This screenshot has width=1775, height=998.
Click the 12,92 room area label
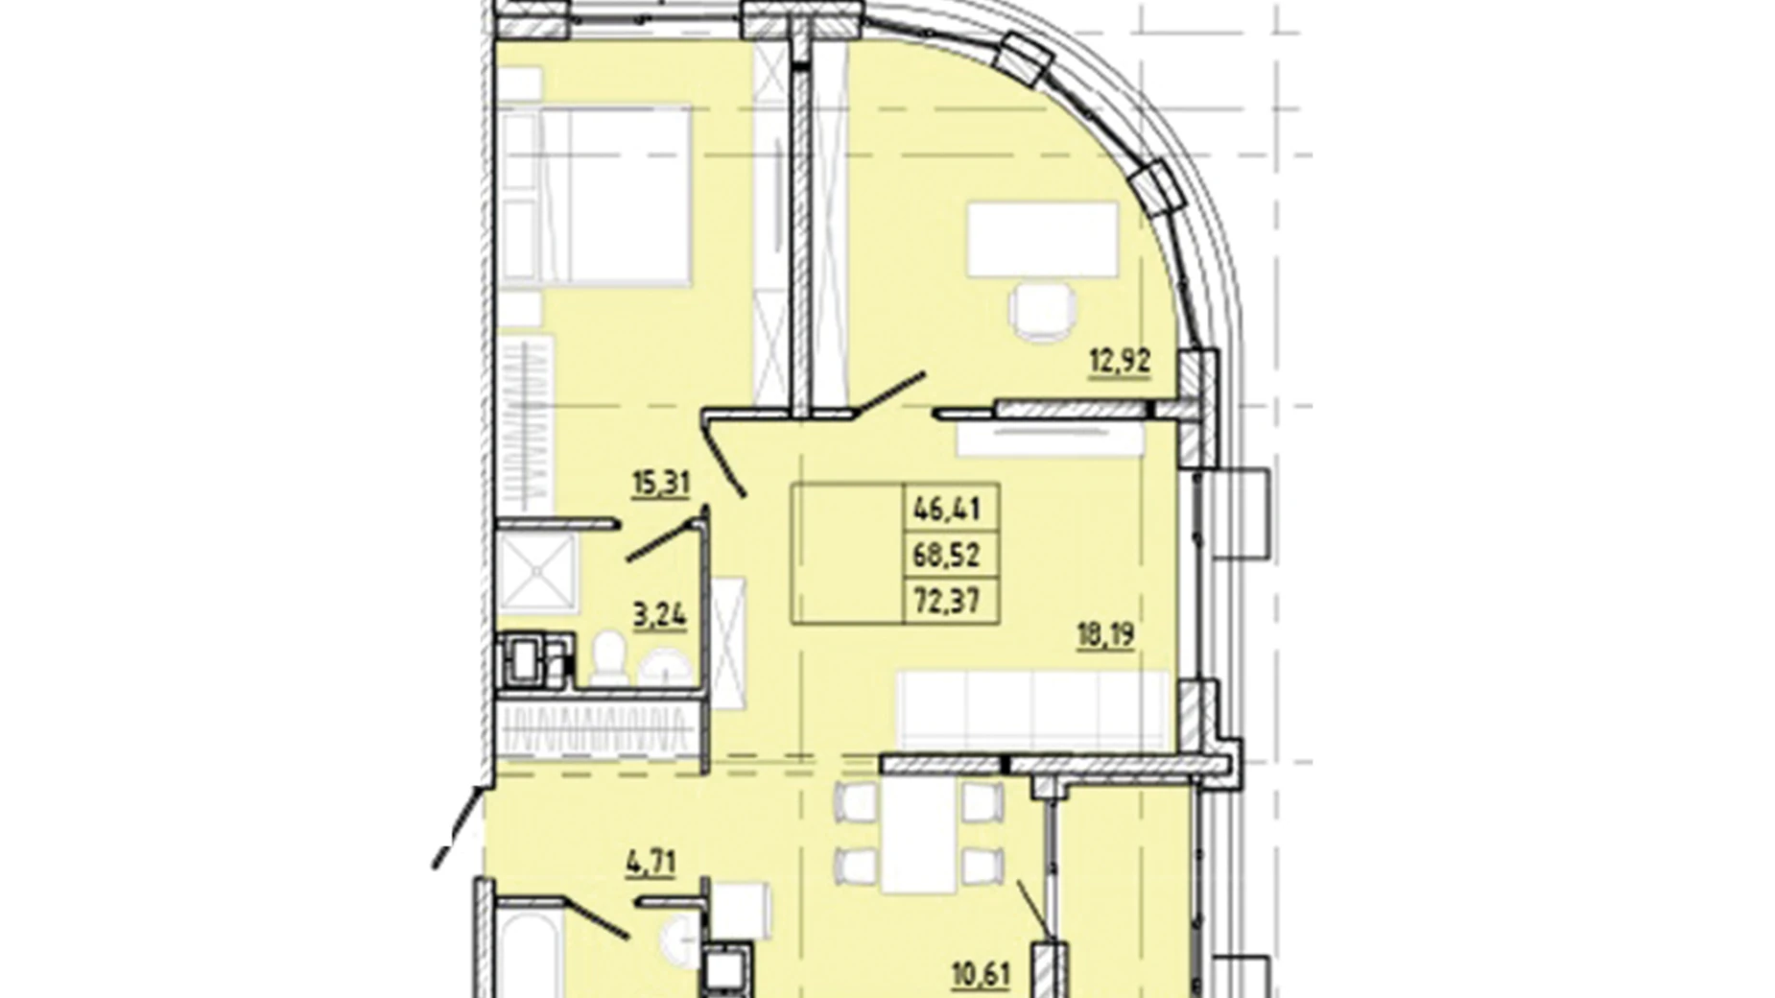1119,362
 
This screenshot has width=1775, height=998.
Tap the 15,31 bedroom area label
660,483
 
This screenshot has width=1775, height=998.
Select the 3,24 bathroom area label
659,614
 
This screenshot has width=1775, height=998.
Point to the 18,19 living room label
1105,635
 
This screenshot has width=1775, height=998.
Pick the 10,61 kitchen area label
982,976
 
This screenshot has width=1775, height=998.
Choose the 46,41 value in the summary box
947,508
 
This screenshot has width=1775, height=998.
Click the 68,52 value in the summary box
947,554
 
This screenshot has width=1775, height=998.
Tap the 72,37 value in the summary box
947,601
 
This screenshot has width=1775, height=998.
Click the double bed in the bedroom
595,196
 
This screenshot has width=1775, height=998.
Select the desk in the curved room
1043,240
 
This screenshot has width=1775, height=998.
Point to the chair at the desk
1042,312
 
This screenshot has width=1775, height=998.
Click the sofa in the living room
1032,710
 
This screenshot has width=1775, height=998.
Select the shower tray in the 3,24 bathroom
537,573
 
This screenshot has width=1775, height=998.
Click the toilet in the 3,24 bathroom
608,657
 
